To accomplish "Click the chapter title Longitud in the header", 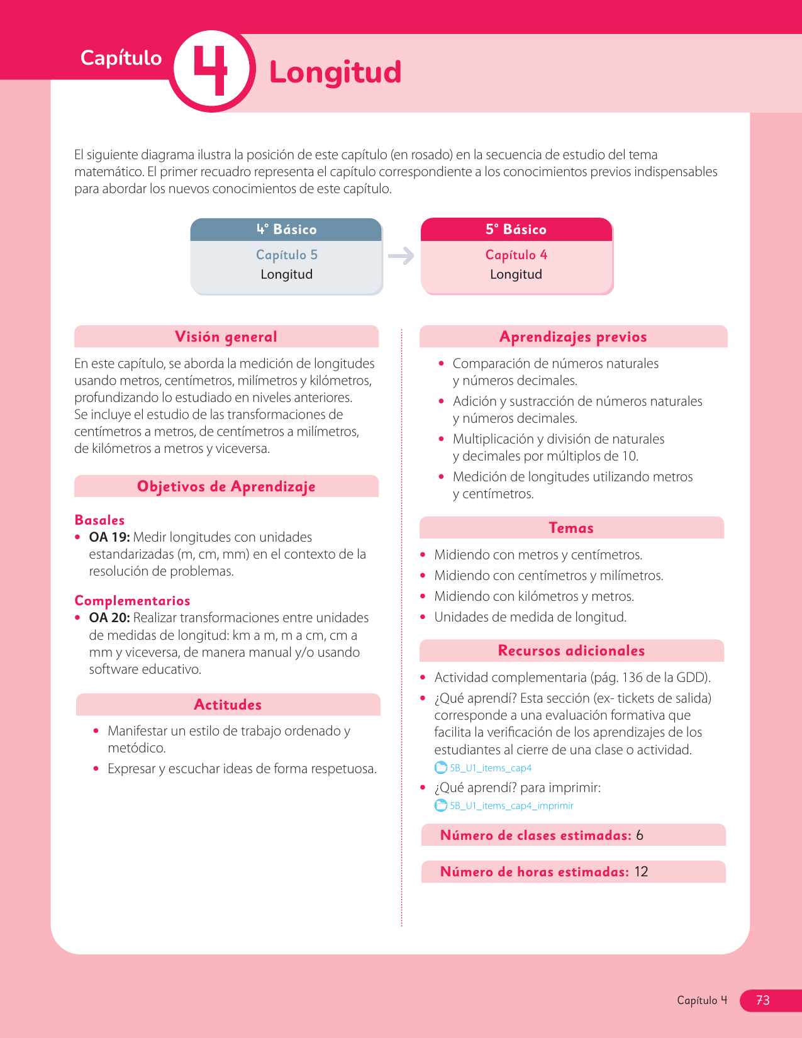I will click(335, 72).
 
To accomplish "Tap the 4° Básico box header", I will click(286, 230).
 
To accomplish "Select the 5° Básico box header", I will click(516, 230).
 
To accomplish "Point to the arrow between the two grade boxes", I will click(401, 255).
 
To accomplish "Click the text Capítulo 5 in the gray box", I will click(286, 255).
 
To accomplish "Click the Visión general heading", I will click(226, 337).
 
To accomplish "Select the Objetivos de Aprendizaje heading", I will click(226, 486).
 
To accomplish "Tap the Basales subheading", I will click(99, 520).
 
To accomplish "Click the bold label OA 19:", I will click(109, 537).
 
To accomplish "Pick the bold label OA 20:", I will click(109, 618).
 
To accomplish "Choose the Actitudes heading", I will click(228, 705).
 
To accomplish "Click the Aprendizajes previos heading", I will click(573, 337).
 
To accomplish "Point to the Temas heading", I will click(571, 528).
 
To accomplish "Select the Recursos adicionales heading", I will click(571, 650).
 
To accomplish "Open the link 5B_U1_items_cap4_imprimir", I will click(511, 806).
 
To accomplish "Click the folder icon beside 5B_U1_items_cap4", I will click(441, 767).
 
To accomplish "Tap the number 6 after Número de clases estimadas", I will click(640, 835).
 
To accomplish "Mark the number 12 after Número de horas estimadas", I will click(641, 872).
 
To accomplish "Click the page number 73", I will click(762, 1000).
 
